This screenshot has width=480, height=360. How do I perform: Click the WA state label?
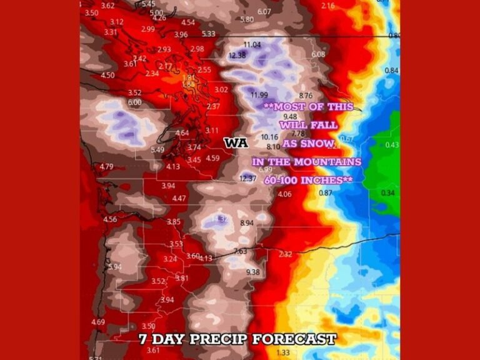[236, 143]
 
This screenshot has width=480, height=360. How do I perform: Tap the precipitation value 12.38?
[237, 55]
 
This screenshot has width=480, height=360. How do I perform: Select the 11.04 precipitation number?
[252, 45]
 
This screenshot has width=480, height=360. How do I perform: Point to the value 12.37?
[248, 179]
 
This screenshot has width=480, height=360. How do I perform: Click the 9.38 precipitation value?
[253, 272]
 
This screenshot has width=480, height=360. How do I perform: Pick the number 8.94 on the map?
[247, 222]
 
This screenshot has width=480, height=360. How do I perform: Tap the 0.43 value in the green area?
[392, 145]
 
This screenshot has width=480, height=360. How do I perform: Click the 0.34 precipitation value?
[387, 193]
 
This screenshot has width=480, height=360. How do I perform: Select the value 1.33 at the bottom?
[282, 353]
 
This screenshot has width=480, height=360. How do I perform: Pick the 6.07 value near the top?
[264, 11]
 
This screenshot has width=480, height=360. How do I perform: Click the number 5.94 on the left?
[114, 267]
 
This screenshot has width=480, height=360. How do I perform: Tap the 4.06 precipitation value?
[284, 194]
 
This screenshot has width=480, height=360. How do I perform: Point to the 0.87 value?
[326, 193]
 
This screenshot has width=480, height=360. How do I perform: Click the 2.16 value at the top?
[327, 6]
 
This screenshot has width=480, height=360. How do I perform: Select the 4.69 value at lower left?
[98, 322]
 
